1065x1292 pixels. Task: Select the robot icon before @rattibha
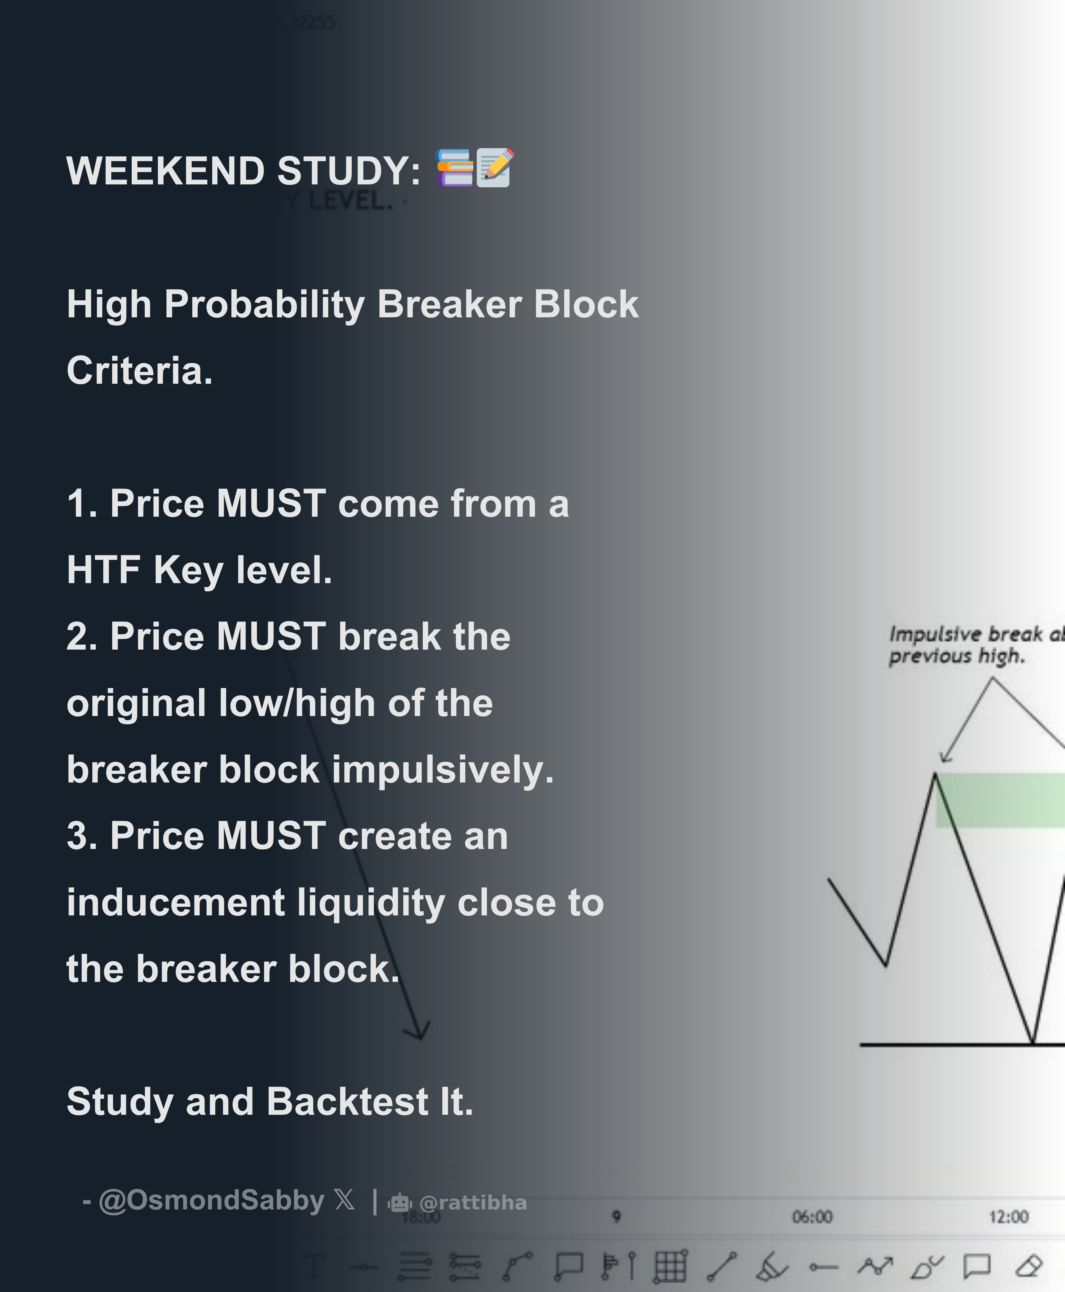click(x=399, y=1203)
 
